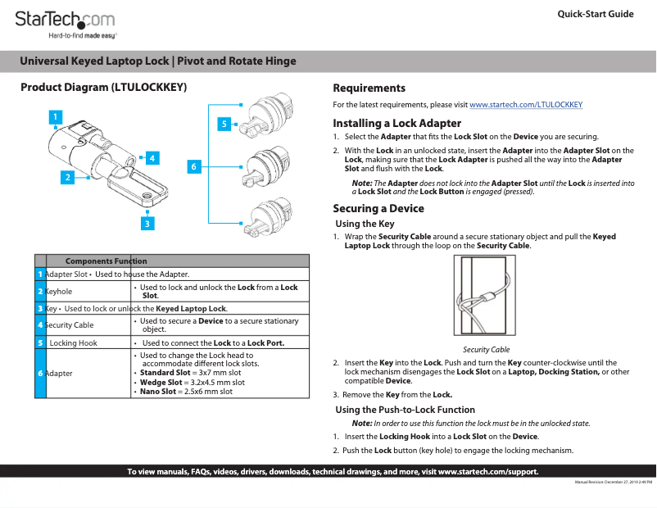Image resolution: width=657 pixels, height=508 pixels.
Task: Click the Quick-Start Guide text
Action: (595, 14)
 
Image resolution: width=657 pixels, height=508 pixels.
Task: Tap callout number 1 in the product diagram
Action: (56, 117)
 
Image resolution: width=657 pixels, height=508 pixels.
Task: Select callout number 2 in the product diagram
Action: (68, 176)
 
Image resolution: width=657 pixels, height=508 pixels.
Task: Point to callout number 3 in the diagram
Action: (147, 222)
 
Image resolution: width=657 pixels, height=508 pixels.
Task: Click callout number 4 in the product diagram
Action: (152, 157)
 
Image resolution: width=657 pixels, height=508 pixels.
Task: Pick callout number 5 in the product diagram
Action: (224, 124)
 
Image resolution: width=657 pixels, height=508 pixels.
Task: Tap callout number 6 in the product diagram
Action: (194, 167)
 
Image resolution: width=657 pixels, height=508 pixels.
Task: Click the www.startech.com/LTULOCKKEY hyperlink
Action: (525, 105)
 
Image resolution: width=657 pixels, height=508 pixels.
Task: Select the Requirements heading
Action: (369, 88)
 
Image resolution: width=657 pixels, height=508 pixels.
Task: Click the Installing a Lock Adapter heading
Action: (396, 123)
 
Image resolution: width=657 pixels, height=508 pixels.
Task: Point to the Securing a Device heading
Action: (378, 208)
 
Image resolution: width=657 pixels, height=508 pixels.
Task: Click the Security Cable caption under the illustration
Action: (486, 349)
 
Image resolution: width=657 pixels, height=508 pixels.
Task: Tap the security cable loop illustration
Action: (486, 297)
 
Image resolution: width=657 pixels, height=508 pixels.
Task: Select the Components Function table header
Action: (106, 261)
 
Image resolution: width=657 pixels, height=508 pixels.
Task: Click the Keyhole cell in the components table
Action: (59, 291)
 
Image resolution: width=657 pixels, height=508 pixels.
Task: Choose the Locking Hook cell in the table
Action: (73, 342)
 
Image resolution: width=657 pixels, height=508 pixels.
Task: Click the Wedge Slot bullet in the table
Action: (193, 382)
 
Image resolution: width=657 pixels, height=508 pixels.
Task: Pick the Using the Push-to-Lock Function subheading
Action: (405, 410)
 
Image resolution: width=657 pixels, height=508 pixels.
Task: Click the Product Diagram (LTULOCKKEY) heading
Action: (104, 88)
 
